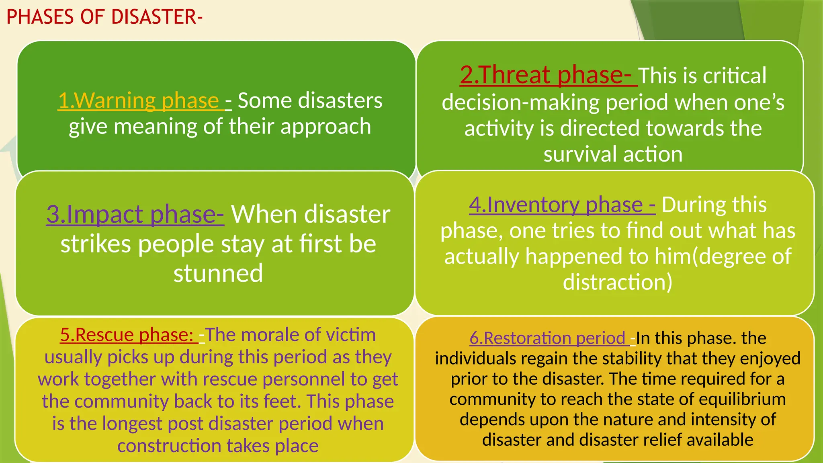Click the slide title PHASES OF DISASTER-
coord(104,17)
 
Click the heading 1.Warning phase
coord(139,100)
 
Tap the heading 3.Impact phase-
coord(135,214)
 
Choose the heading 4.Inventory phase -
coord(562,205)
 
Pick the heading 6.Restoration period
coord(548,338)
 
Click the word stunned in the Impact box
coord(218,274)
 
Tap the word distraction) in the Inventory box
coord(618,282)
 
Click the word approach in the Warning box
coord(326,127)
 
